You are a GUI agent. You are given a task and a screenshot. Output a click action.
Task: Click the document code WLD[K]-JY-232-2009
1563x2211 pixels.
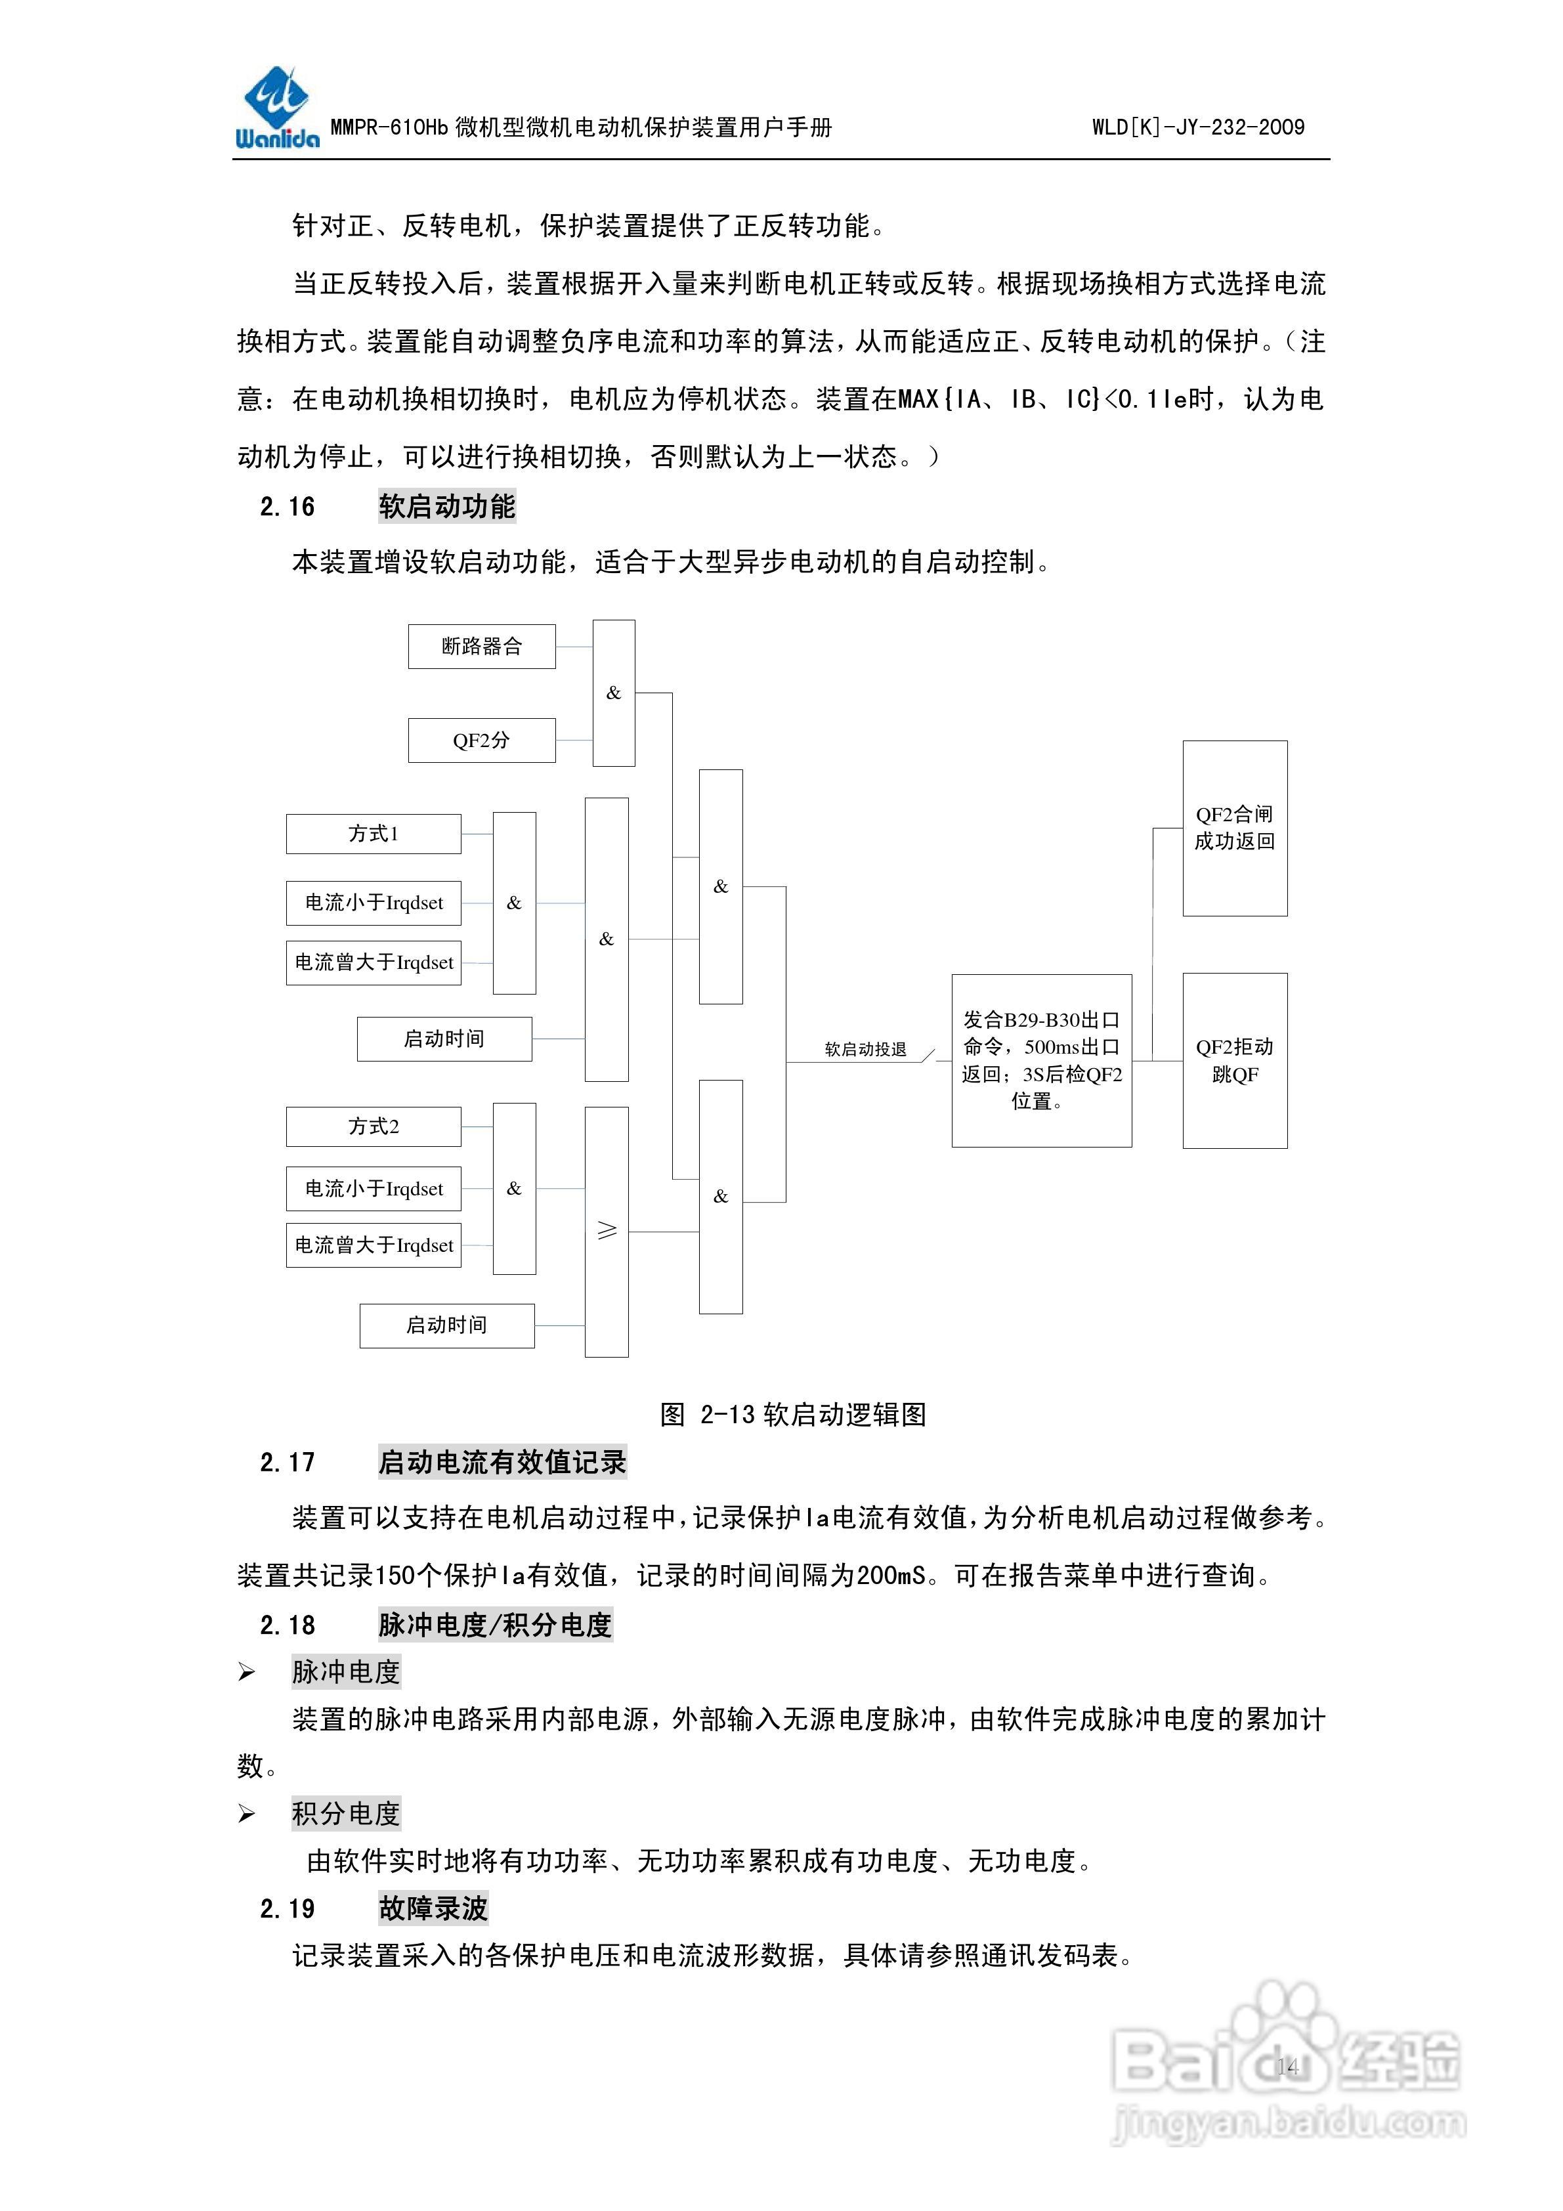click(1197, 127)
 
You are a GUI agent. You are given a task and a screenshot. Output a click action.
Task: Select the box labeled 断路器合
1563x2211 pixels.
click(482, 646)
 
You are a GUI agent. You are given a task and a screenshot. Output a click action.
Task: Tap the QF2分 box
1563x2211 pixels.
click(482, 740)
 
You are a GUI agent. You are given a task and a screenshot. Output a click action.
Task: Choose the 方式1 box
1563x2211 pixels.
click(373, 834)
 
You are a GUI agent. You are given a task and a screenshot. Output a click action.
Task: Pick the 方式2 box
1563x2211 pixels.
click(373, 1126)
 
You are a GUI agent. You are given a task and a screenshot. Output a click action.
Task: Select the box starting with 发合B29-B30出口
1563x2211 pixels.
click(1041, 1060)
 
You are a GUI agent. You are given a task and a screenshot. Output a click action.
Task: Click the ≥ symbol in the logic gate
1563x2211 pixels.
click(607, 1231)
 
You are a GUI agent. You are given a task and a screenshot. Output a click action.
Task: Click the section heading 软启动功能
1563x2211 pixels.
click(447, 507)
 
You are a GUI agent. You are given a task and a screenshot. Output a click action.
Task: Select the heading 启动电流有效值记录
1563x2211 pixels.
click(502, 1462)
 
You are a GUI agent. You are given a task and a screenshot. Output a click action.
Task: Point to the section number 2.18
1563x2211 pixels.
click(287, 1625)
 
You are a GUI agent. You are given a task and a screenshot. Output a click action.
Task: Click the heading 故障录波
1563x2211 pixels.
click(433, 1908)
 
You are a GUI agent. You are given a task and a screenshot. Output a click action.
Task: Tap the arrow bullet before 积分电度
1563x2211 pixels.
click(247, 1814)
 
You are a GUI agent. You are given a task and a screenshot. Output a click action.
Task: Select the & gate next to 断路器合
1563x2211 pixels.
click(614, 693)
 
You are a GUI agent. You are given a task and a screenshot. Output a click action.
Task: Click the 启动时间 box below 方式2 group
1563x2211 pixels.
click(447, 1325)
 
